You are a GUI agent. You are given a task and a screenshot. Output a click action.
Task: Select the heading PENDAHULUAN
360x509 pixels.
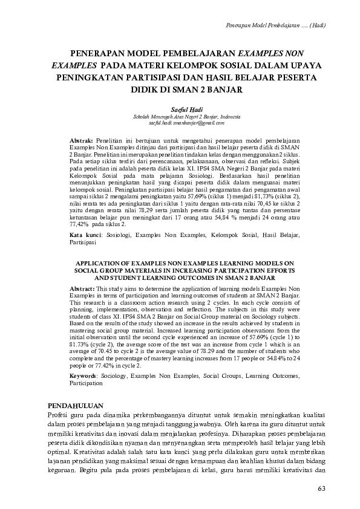point(76,405)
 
